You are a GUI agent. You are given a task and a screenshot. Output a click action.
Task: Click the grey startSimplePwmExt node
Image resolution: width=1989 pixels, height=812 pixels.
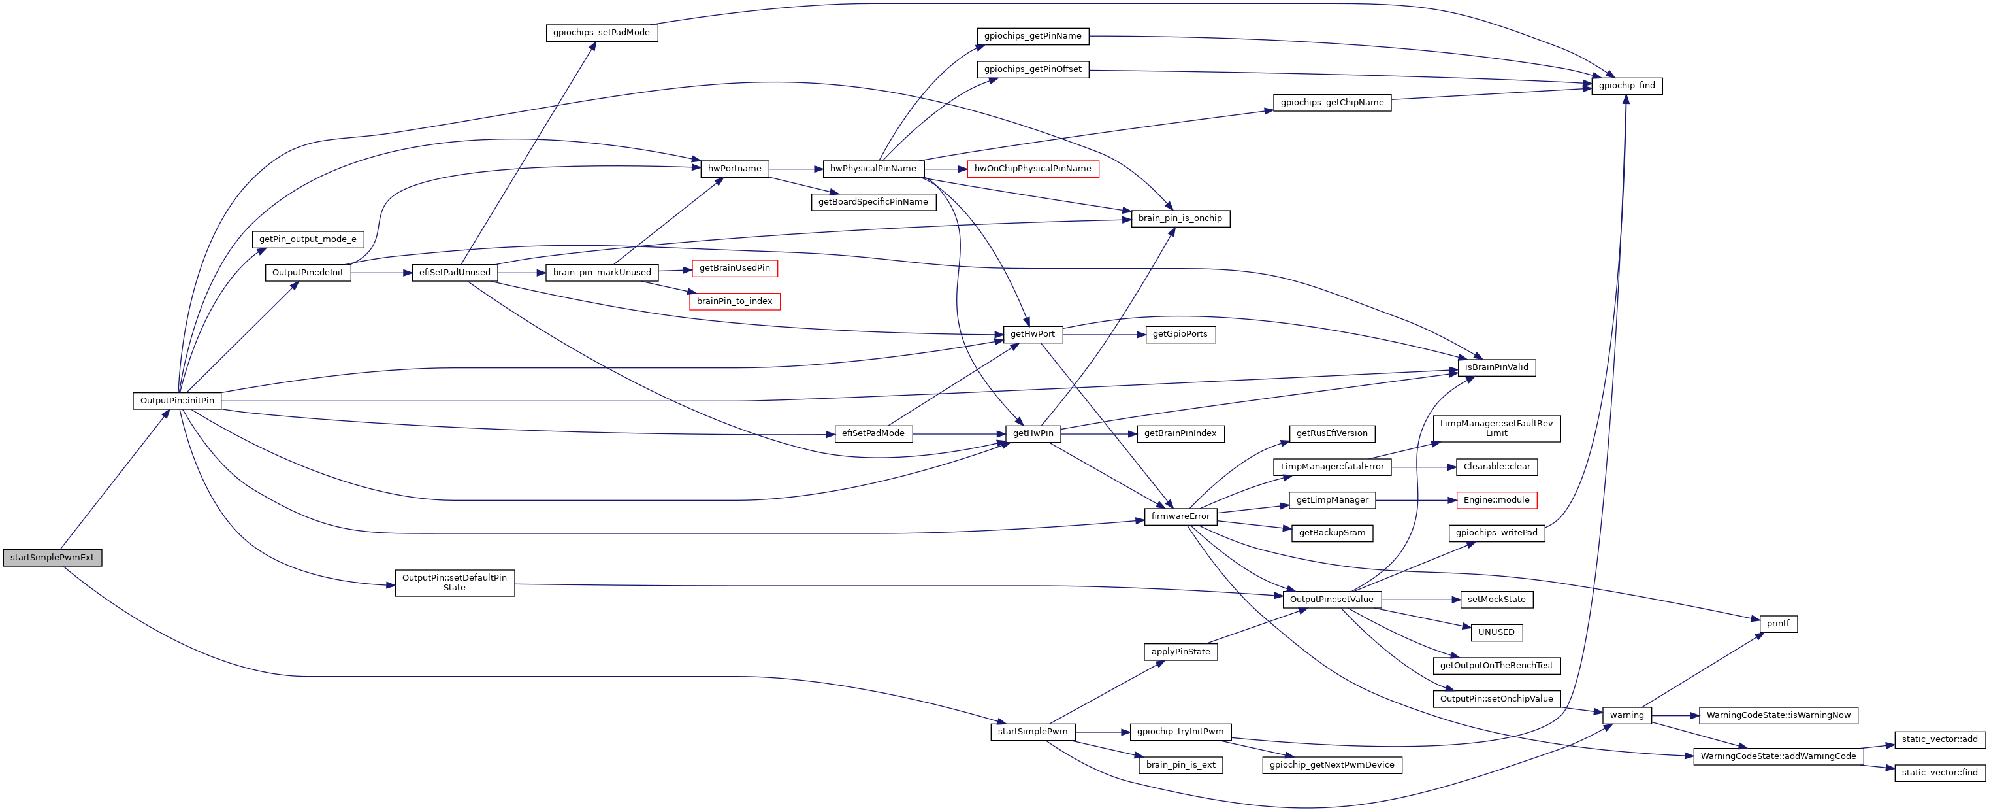[52, 558]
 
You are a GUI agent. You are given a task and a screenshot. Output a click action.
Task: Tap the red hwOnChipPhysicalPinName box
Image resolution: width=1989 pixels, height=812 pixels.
[1032, 169]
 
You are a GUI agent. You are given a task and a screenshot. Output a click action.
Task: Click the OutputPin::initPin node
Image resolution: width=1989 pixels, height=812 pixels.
[177, 401]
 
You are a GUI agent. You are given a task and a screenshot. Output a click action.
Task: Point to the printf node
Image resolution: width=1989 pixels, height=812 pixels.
[1777, 624]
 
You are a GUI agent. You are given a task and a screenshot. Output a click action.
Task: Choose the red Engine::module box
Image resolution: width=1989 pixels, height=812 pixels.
[1496, 501]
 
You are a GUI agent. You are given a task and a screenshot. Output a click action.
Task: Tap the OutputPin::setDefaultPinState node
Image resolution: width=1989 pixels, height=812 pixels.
[454, 583]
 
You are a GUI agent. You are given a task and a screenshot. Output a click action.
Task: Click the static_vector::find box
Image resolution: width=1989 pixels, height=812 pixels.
[1939, 773]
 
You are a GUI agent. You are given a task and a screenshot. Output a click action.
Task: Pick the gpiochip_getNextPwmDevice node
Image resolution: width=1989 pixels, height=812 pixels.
[1331, 765]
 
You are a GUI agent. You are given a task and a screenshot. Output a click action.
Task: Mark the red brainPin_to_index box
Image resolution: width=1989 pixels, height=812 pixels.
[734, 301]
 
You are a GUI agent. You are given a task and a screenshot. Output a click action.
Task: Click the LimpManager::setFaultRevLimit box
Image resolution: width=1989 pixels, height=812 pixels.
[1496, 429]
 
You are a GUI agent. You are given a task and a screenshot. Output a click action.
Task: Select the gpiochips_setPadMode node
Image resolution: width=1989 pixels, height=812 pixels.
[602, 33]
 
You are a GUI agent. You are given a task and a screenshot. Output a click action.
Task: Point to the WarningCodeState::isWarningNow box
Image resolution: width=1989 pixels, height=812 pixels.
[1777, 715]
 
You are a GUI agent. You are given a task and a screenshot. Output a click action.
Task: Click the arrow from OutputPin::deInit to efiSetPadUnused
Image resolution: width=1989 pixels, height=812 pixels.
[381, 273]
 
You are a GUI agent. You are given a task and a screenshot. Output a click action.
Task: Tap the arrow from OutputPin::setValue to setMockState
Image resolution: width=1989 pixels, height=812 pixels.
[1421, 600]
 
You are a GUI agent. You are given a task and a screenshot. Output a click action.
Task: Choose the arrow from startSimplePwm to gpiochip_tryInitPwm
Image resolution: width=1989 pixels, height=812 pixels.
[1102, 732]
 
